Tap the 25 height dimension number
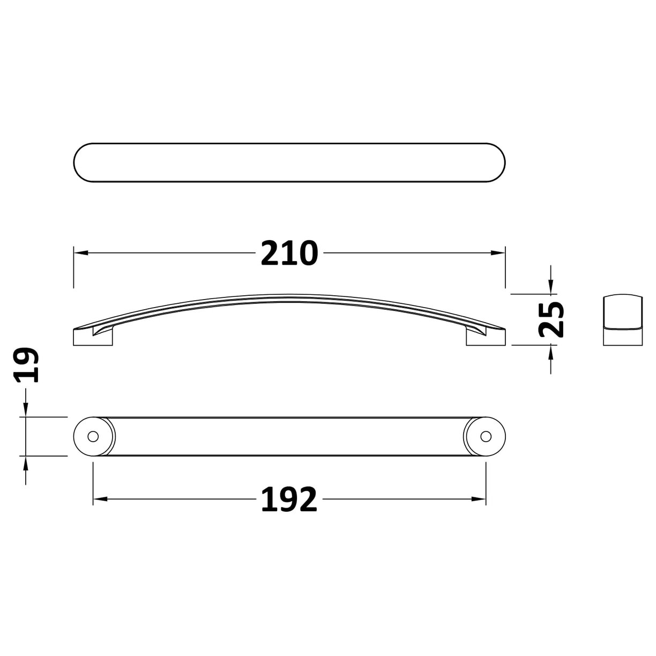pos(551,319)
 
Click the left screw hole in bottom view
pos(93,436)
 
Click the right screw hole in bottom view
pos(486,436)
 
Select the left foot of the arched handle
pos(94,337)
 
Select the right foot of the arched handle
pos(485,337)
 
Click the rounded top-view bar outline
pos(289,163)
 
